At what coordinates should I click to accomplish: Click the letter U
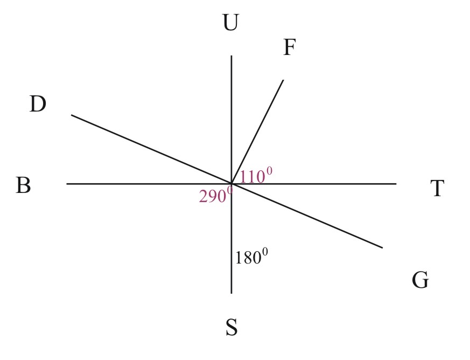point(230,23)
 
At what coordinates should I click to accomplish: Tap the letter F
point(290,48)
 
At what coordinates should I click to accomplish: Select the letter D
point(38,104)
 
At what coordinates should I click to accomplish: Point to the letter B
point(23,185)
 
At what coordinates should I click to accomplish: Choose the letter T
point(437,189)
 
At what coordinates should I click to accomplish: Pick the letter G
point(420,280)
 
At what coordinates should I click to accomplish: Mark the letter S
point(231,327)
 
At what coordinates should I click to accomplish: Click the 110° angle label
point(256,176)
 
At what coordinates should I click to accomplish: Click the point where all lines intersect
point(232,184)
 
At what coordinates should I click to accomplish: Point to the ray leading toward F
point(257,131)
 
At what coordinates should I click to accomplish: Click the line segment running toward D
point(151,149)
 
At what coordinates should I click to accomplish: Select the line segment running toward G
point(307,216)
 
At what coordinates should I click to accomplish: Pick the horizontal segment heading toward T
point(323,184)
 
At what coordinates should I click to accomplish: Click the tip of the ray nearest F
point(283,80)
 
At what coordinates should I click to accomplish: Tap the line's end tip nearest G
point(382,248)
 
